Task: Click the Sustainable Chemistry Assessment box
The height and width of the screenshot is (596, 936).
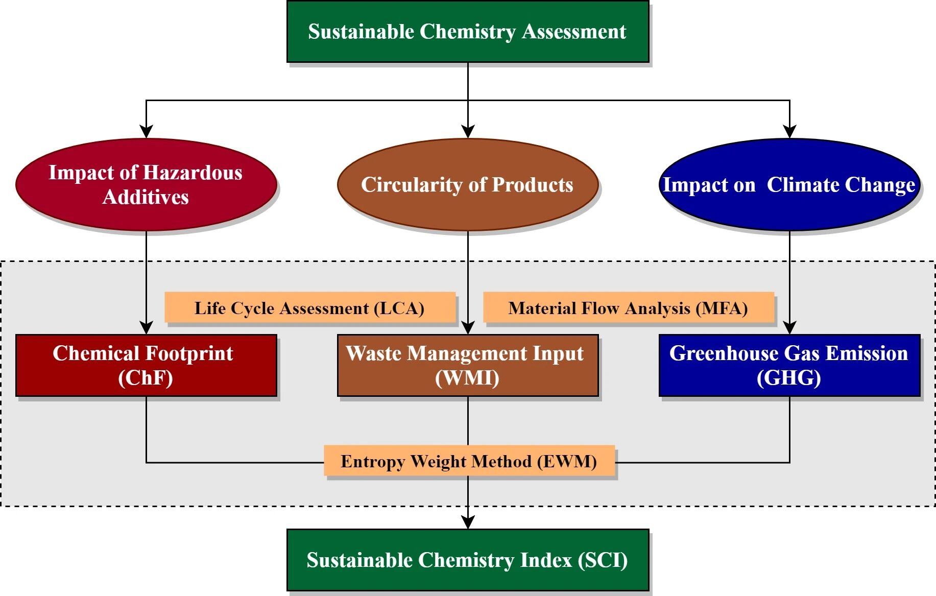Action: [x=467, y=32]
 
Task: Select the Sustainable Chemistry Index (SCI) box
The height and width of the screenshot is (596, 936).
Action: [x=467, y=560]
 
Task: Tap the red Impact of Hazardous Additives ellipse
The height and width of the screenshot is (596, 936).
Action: [x=146, y=184]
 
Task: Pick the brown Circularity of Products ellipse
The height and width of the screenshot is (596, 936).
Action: [x=467, y=184]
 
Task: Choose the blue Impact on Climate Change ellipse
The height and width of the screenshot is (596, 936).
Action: [x=789, y=184]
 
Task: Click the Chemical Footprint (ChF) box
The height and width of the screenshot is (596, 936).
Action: [x=146, y=365]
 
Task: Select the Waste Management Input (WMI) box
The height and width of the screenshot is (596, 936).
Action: [x=467, y=365]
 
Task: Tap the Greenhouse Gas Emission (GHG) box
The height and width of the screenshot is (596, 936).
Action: [x=789, y=365]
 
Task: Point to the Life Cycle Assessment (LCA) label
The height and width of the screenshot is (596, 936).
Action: [x=309, y=308]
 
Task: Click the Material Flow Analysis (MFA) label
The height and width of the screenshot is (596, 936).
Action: [x=628, y=308]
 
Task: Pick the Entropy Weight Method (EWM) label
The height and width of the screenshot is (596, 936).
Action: [x=469, y=461]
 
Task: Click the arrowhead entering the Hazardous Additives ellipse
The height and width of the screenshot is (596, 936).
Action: [x=147, y=131]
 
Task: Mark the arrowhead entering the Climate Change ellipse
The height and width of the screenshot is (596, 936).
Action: [x=789, y=131]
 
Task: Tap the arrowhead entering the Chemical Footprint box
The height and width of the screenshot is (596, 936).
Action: [x=147, y=328]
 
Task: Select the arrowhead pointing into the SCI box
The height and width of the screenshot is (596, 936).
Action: [x=468, y=522]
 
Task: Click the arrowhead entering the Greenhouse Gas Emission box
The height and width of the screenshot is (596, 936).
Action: [x=789, y=328]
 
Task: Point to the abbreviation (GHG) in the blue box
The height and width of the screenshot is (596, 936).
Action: [x=789, y=378]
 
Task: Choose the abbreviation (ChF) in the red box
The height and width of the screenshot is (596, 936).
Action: [x=146, y=378]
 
